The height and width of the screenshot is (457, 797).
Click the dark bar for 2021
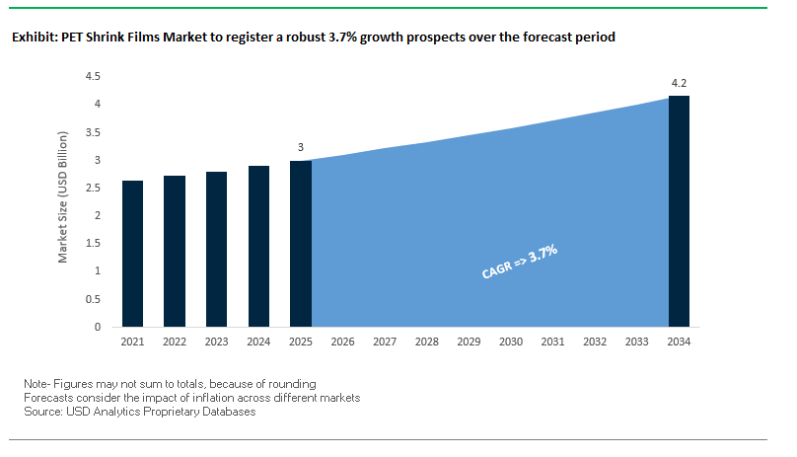(x=133, y=254)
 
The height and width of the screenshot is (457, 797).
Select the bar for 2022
(x=175, y=251)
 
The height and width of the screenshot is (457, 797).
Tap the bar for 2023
(x=217, y=249)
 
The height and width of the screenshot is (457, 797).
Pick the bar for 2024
(x=258, y=246)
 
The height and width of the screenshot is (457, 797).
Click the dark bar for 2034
(x=679, y=211)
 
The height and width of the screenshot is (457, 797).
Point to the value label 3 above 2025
(x=301, y=148)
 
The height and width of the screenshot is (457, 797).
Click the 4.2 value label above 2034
(x=679, y=83)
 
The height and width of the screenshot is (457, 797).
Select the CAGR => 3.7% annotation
(x=520, y=265)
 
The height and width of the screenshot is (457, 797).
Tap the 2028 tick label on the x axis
(x=427, y=342)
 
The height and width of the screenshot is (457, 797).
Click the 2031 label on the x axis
(x=553, y=342)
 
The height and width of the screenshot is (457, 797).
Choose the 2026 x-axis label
(x=343, y=342)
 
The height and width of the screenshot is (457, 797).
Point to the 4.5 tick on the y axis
(x=93, y=76)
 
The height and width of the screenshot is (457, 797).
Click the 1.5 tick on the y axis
(x=93, y=243)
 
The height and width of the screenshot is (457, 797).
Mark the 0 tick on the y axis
(x=98, y=327)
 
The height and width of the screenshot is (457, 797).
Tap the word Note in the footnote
(x=36, y=383)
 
